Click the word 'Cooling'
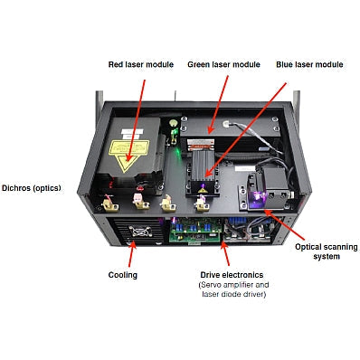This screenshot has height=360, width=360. point(124,274)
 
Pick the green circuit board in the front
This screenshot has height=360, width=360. point(200,233)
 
